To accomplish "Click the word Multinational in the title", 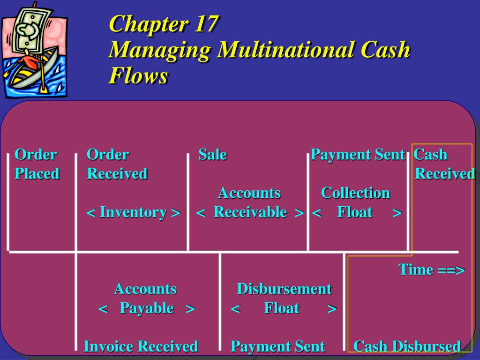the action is [285, 50].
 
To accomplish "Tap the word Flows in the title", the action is [138, 75].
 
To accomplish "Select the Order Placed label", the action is [37, 164].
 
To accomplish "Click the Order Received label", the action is [117, 164].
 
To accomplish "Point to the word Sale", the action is [213, 155].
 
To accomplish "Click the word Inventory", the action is [133, 212].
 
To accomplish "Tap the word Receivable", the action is [250, 212].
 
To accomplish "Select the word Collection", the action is [355, 193].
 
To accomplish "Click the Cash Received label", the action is [444, 164].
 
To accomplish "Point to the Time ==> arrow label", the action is [432, 270].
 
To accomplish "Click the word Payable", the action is [147, 308].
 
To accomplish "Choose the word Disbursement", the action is [285, 289].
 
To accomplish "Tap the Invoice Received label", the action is [141, 346].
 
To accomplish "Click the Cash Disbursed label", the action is [407, 346].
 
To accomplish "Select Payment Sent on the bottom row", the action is [277, 346].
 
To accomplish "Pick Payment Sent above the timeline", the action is [358, 155].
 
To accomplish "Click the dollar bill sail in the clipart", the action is [30, 29].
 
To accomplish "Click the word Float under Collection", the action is [355, 212].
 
